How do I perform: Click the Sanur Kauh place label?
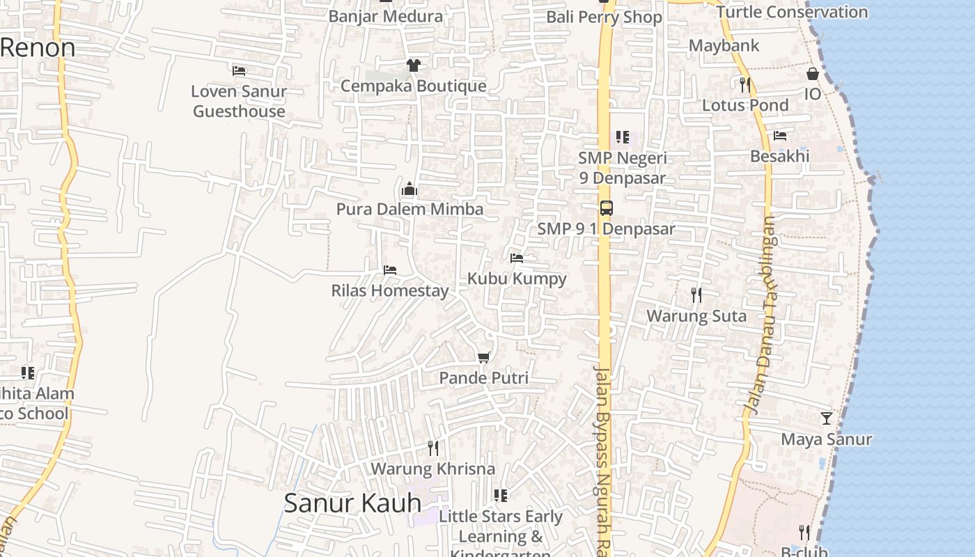(x=353, y=503)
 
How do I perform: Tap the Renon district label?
(x=38, y=47)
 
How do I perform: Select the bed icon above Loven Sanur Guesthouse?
(x=239, y=70)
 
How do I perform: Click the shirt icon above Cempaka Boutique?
(x=414, y=65)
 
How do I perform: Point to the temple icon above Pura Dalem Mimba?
(x=409, y=189)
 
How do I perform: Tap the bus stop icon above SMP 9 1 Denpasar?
(x=607, y=207)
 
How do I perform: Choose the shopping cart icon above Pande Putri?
(x=484, y=357)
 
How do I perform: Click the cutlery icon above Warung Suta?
(x=696, y=295)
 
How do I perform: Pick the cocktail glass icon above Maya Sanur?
(x=827, y=418)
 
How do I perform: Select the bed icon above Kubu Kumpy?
(x=517, y=258)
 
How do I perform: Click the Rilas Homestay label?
(x=389, y=290)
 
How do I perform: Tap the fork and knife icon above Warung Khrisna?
(x=433, y=448)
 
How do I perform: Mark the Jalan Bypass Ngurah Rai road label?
(x=604, y=460)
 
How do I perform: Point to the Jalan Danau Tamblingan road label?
(x=760, y=313)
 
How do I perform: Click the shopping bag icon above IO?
(x=813, y=73)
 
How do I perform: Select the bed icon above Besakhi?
(x=780, y=136)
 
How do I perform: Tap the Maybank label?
(x=724, y=46)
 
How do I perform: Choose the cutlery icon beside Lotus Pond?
(x=745, y=85)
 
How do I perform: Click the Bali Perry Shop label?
(x=604, y=17)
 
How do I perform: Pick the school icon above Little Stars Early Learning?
(x=501, y=496)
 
